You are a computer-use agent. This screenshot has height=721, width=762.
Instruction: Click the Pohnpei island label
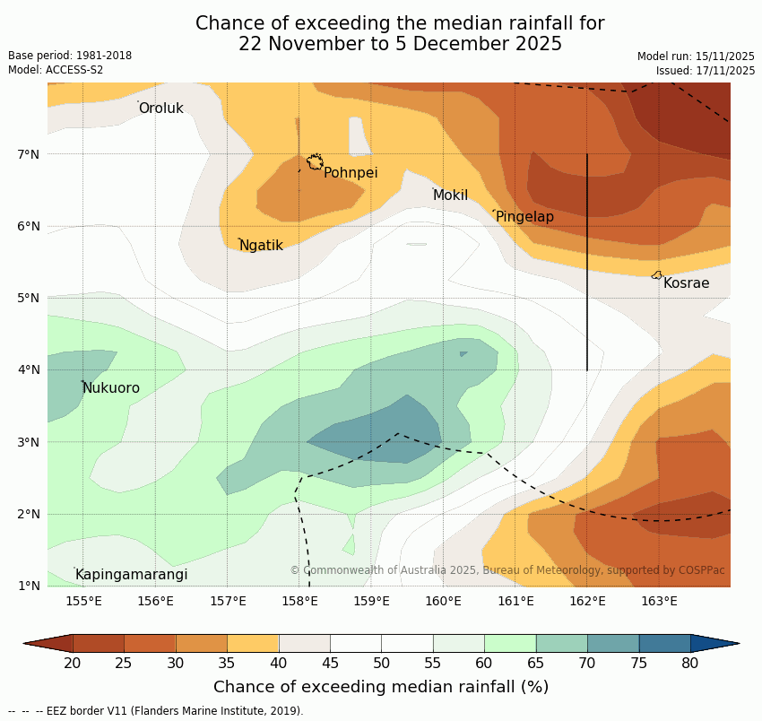(351, 173)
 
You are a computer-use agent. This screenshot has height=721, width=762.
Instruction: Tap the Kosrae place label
(686, 283)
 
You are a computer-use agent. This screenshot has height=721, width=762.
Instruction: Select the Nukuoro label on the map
(111, 388)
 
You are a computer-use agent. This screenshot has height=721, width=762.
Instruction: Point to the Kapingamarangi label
(131, 575)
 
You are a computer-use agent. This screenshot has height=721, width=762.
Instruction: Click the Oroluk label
(160, 109)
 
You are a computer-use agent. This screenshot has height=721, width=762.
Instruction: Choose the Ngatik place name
(261, 246)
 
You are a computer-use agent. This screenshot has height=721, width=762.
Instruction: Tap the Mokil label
(450, 195)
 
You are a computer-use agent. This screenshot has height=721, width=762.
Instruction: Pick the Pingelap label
(524, 217)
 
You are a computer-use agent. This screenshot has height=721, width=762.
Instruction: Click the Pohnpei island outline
(315, 162)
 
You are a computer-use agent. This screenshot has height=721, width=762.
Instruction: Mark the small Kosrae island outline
(657, 275)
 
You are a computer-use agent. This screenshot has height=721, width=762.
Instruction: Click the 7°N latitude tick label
(29, 154)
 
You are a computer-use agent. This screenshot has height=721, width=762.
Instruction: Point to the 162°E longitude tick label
(587, 601)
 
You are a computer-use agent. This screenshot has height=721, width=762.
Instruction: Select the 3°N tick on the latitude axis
(29, 442)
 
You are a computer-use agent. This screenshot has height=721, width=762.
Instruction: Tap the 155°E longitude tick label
(83, 601)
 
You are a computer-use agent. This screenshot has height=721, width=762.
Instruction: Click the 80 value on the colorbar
(689, 663)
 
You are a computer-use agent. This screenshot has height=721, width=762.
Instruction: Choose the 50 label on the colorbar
(381, 663)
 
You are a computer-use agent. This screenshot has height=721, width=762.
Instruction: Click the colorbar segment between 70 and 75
(613, 643)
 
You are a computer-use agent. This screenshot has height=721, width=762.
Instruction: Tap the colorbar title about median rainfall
(381, 687)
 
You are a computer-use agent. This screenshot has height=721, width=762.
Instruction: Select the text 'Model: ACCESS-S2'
(56, 70)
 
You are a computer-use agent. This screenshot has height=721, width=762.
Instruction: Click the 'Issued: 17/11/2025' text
(706, 70)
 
